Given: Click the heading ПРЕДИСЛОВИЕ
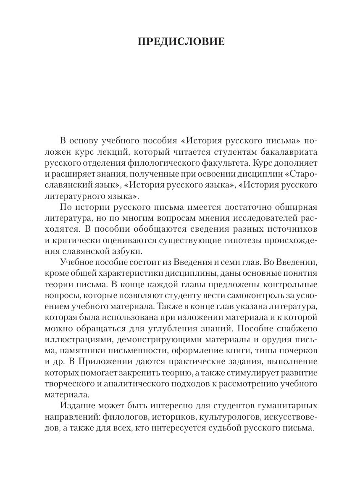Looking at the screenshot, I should click(181, 42).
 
